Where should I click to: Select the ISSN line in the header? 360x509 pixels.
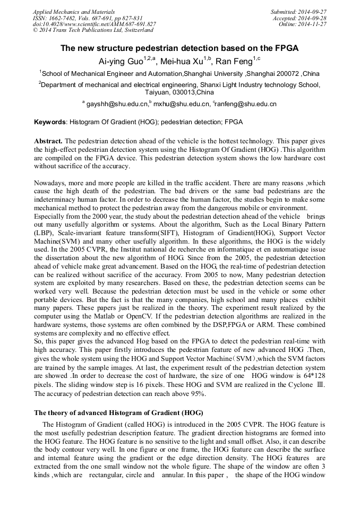coord(87,18)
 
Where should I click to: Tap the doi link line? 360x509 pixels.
coord(94,24)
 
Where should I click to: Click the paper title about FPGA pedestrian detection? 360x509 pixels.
coord(179,48)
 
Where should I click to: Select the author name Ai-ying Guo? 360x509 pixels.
coord(120,61)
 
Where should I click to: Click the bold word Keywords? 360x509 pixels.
coord(50,122)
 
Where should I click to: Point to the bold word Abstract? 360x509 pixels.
coord(48,141)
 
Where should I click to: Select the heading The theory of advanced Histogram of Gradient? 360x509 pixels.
coord(118,412)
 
